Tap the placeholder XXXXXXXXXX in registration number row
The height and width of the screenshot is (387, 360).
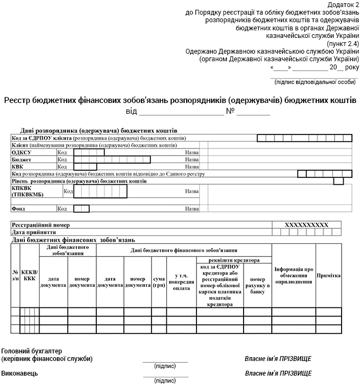[306, 224]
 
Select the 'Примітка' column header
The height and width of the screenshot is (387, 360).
[328, 276]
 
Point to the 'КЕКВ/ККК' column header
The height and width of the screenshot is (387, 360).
[29, 276]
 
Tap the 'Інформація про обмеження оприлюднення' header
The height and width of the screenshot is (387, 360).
[293, 276]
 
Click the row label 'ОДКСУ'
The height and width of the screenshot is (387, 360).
[22, 152]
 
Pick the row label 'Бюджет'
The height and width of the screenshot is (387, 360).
[22, 159]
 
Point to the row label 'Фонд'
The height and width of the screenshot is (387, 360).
[19, 208]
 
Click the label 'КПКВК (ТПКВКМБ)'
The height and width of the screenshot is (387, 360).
[27, 191]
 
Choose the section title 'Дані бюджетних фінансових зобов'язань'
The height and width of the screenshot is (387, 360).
[73, 240]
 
